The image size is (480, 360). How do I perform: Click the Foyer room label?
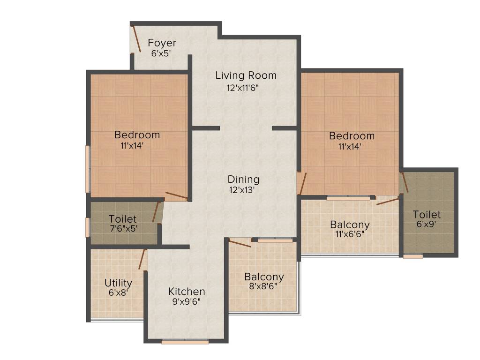click(162, 44)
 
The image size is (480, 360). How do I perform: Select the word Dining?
click(243, 179)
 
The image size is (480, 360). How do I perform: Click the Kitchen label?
click(187, 291)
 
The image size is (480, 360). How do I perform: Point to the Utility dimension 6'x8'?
click(118, 292)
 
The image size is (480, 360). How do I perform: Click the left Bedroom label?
click(137, 135)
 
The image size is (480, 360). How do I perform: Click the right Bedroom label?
click(352, 136)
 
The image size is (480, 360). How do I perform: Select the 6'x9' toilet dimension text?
click(426, 224)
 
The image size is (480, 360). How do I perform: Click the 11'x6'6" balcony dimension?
click(349, 234)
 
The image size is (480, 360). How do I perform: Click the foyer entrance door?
click(136, 39)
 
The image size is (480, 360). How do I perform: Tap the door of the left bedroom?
click(176, 196)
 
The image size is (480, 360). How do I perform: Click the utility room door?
click(142, 259)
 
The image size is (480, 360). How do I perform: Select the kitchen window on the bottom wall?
click(185, 342)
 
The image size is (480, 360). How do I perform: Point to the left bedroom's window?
click(87, 169)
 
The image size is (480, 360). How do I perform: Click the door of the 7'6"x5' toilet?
click(156, 212)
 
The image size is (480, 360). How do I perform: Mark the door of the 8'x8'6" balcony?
click(239, 243)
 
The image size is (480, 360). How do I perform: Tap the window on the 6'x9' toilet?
click(412, 256)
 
